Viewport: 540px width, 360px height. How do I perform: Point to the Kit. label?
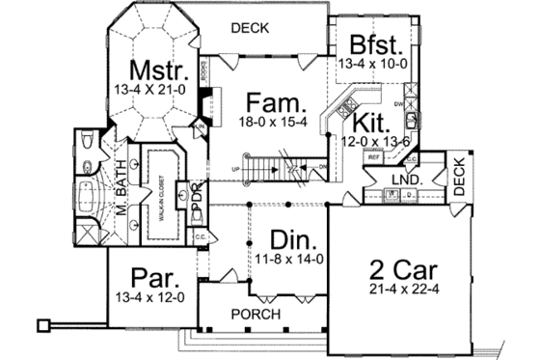(x=370, y=124)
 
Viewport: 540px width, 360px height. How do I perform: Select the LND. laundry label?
(x=406, y=180)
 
